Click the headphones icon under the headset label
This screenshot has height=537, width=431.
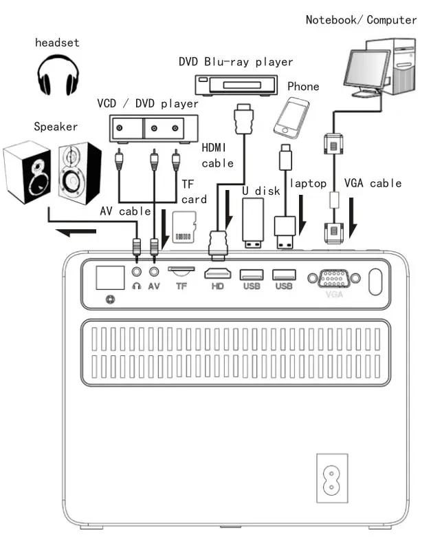[x=58, y=75]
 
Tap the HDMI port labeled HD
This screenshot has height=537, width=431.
[x=217, y=273]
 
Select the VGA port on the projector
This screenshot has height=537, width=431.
[x=334, y=278]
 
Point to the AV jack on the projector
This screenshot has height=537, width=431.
[x=154, y=272]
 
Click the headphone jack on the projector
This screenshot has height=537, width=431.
[x=137, y=272]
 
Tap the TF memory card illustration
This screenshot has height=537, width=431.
[x=184, y=227]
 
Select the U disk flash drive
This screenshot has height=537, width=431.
[x=253, y=223]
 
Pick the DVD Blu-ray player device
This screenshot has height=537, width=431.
[x=236, y=85]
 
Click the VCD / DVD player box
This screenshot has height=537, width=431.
[x=153, y=129]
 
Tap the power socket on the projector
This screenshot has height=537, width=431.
[x=332, y=478]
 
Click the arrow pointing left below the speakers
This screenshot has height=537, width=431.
[x=76, y=232]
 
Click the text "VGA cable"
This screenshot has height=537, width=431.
[x=373, y=183]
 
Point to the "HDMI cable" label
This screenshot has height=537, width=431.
[x=217, y=155]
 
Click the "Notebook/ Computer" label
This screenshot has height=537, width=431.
[x=361, y=20]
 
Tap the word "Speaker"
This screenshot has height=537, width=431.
[x=56, y=127]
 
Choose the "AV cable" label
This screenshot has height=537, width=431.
[x=125, y=211]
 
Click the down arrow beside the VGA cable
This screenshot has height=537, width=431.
[x=353, y=218]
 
